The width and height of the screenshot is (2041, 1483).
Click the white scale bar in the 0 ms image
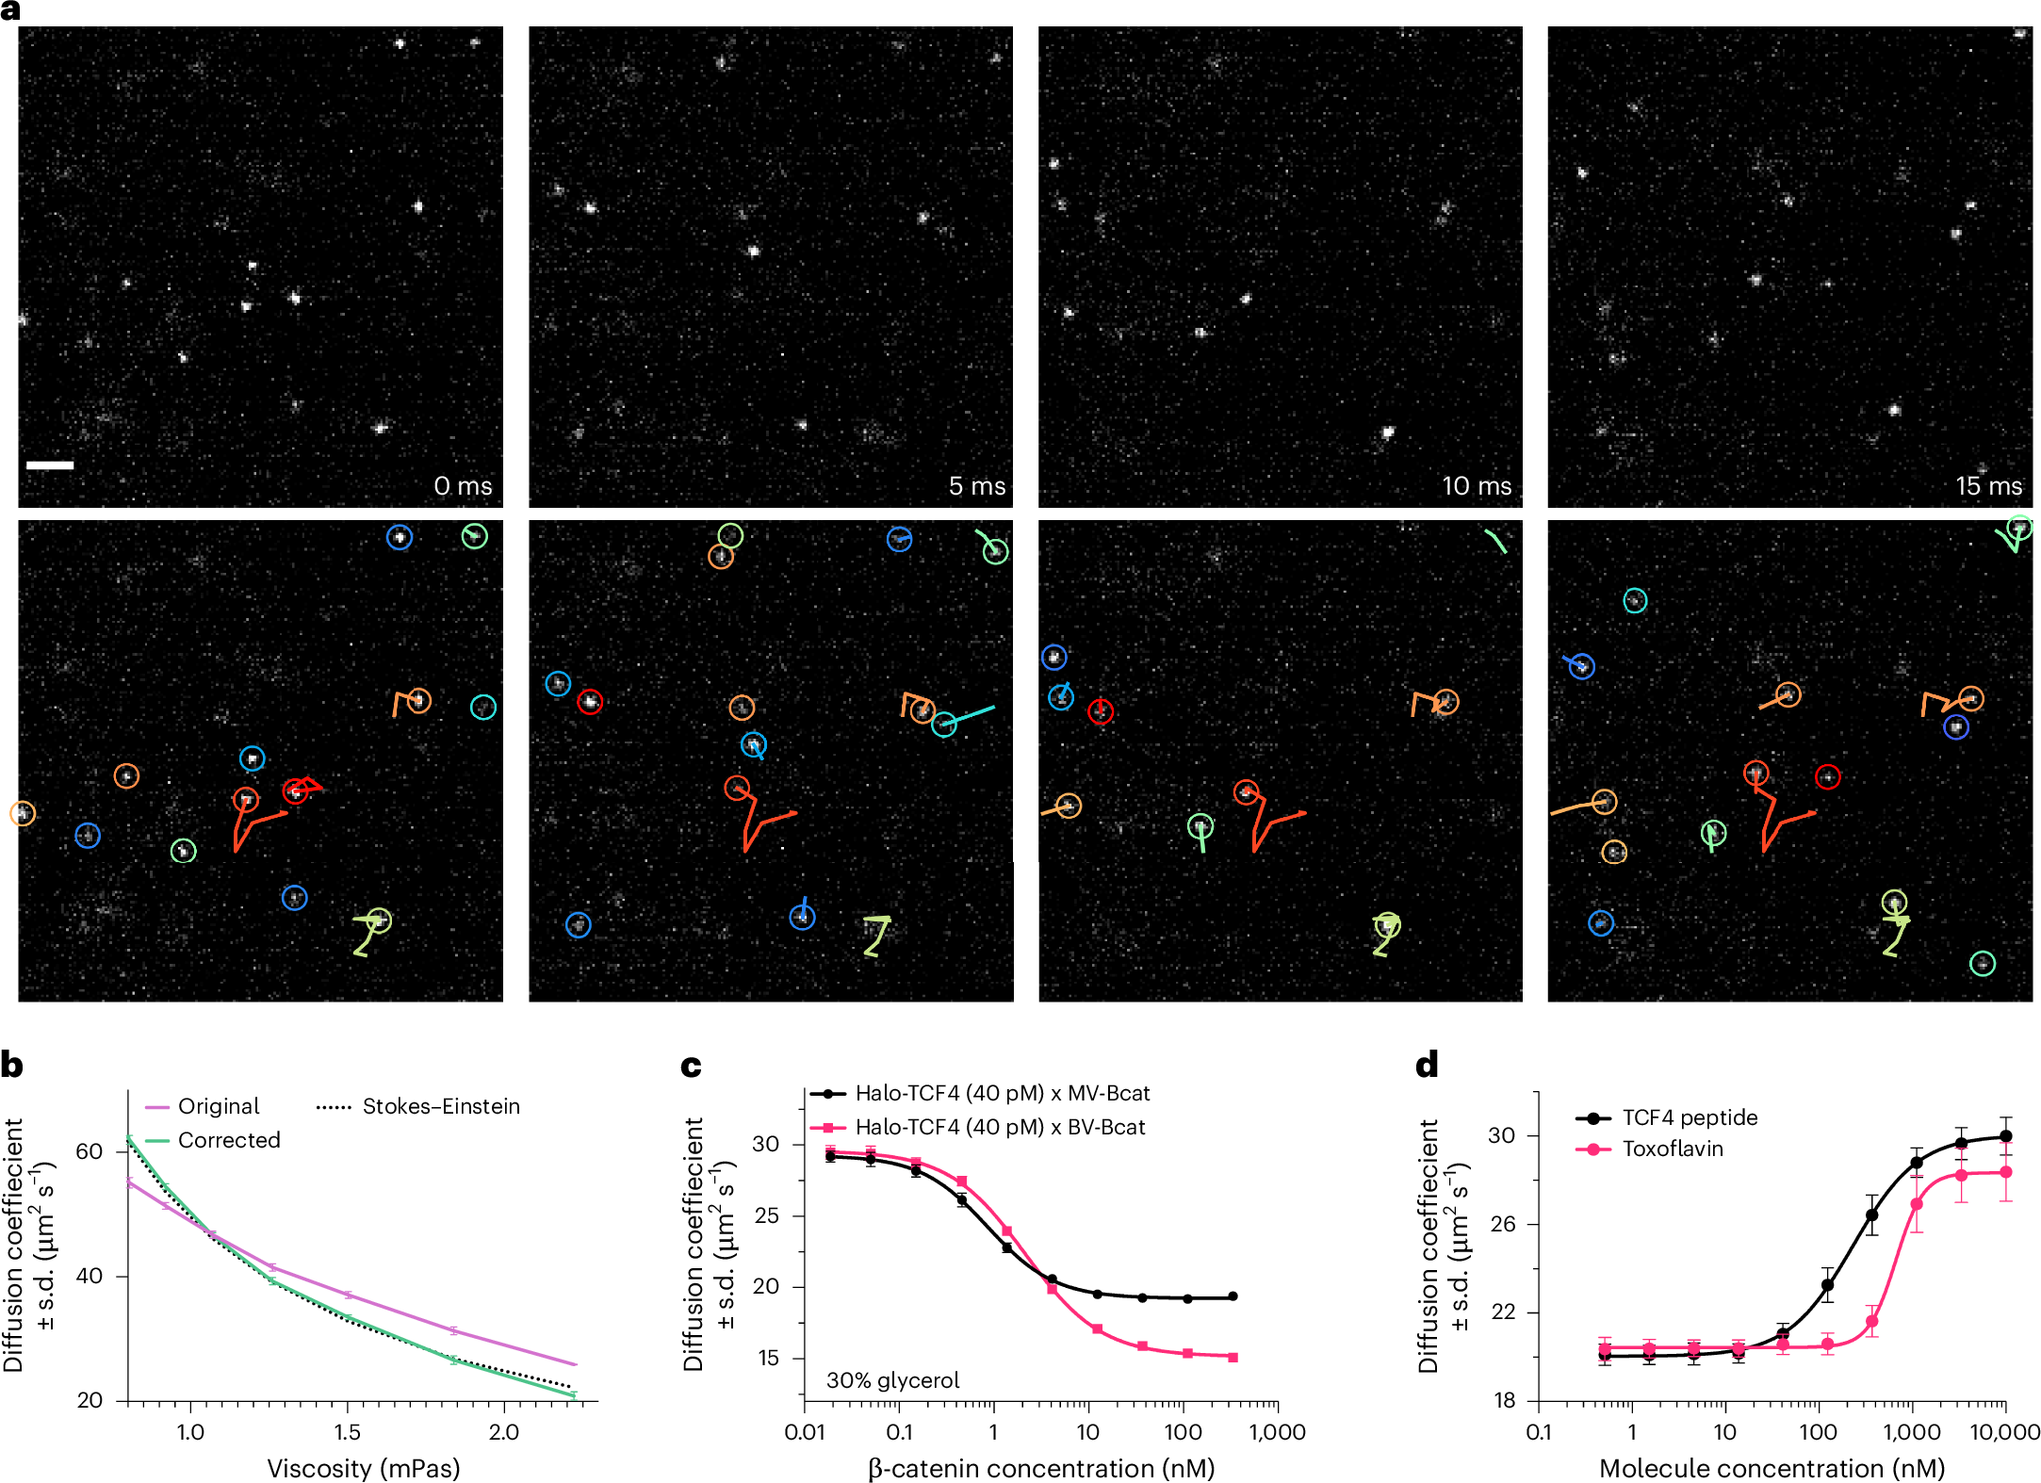pos(49,464)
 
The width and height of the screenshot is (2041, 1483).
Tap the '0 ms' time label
pos(463,486)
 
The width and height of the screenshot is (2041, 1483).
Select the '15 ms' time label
pos(1988,486)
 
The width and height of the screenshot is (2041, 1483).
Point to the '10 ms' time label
pos(1476,486)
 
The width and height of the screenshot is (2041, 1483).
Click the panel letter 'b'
pos(12,1066)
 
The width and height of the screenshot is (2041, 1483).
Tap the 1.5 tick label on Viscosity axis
pos(347,1432)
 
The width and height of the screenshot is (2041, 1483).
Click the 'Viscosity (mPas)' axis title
pos(363,1468)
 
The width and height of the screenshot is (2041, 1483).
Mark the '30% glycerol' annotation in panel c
pos(892,1380)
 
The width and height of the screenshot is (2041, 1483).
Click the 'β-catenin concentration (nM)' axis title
pos(1040,1468)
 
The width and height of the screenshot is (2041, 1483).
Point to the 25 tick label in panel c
pos(765,1215)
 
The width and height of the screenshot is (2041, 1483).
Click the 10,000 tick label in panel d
pos(2004,1432)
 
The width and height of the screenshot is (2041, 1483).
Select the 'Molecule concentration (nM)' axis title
pos(1772,1468)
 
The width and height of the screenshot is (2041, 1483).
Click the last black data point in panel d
pos(2005,1136)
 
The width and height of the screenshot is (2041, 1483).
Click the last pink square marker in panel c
pos(1233,1357)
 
